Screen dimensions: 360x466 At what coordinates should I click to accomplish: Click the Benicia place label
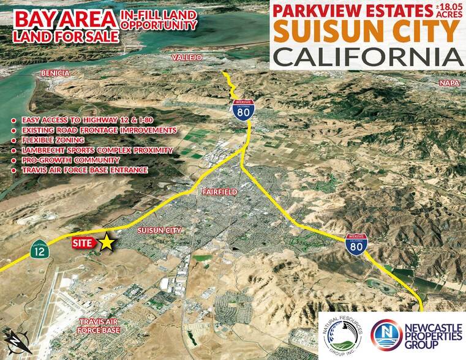pos(56,73)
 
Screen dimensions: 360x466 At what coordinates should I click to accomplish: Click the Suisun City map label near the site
pos(160,230)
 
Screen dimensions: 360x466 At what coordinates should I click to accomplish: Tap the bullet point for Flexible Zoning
pos(14,141)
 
